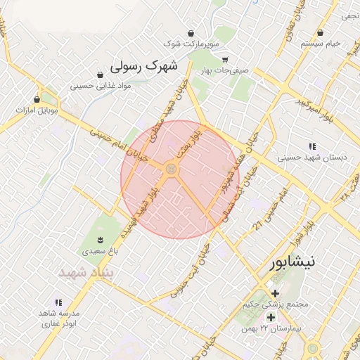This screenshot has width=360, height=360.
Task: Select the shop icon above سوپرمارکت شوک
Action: click(x=191, y=33)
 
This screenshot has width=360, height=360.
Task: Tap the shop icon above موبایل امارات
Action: click(x=37, y=99)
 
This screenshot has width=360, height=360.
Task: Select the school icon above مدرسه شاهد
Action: click(x=58, y=302)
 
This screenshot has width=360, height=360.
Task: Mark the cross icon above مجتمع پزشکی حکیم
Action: click(x=275, y=293)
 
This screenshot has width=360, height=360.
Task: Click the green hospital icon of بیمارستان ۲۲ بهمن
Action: click(x=271, y=317)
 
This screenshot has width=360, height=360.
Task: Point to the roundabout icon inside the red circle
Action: click(x=170, y=169)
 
